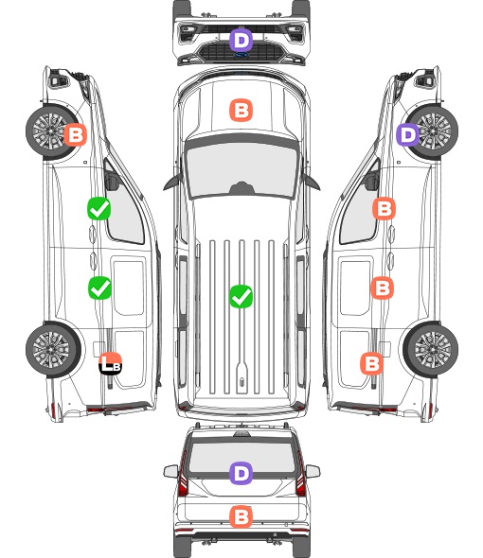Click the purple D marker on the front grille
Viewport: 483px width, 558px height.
coord(241,40)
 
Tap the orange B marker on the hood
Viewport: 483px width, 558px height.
coord(241,110)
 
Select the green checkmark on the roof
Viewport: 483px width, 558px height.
coord(241,296)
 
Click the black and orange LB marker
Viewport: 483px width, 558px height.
coord(110,364)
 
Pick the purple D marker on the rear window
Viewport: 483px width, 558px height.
coord(241,473)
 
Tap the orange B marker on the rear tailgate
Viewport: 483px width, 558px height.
coord(241,516)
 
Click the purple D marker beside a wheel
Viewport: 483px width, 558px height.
coord(408,135)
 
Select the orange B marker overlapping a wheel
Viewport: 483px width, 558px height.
coord(75,135)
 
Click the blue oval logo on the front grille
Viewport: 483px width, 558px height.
coord(241,55)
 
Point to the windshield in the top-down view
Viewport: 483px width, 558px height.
coord(241,171)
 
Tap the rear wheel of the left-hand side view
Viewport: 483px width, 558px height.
coord(53,349)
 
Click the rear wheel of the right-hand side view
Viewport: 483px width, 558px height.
coord(431,349)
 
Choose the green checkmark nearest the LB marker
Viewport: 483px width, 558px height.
coord(99,288)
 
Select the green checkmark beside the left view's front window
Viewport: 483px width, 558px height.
coord(99,208)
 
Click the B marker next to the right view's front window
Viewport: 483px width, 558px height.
coord(384,208)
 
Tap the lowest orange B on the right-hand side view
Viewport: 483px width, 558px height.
coord(372,364)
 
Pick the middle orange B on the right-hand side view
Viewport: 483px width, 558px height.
coord(382,288)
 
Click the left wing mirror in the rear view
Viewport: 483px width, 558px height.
coord(170,471)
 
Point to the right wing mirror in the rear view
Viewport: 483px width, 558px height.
coord(313,471)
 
